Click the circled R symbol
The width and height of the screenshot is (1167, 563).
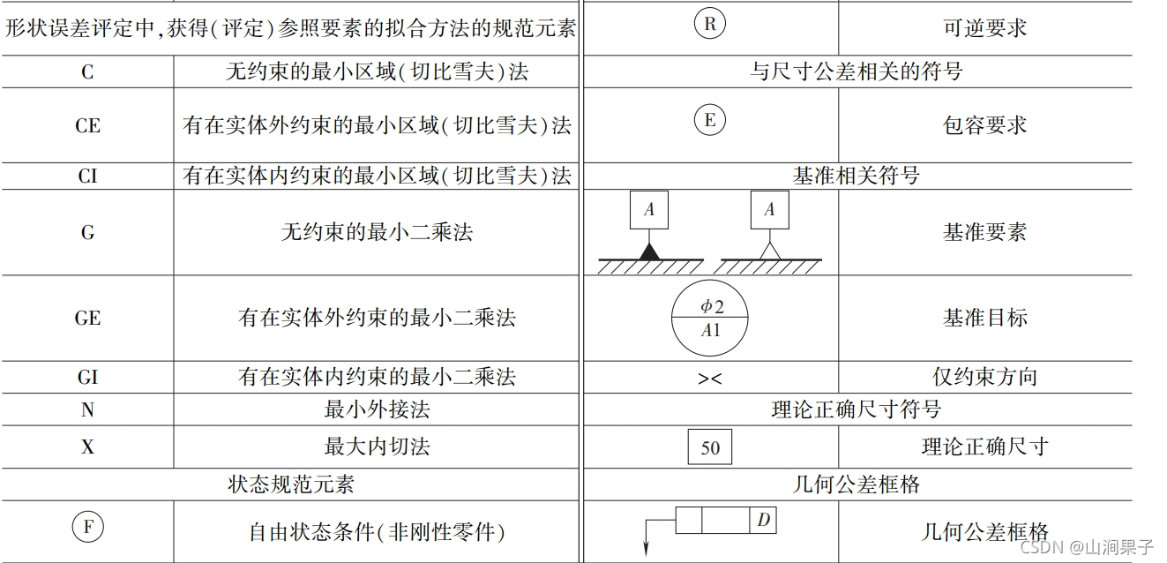click(x=710, y=25)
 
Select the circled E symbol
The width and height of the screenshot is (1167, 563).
click(x=710, y=120)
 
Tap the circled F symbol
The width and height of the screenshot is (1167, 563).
click(x=87, y=528)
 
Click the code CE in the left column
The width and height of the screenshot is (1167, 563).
click(x=87, y=125)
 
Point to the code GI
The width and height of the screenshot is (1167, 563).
click(x=87, y=378)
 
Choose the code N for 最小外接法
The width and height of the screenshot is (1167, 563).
click(x=87, y=410)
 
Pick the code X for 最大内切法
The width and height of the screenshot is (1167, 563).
click(x=87, y=447)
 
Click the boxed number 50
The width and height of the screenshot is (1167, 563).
click(x=710, y=447)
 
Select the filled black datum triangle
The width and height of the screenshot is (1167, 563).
click(x=650, y=251)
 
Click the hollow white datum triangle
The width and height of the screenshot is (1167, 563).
click(x=770, y=251)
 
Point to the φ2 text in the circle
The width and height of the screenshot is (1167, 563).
click(x=711, y=305)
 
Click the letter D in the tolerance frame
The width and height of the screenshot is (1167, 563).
click(x=763, y=521)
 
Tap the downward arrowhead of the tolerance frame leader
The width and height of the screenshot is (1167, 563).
click(x=646, y=549)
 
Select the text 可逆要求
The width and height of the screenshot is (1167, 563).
click(x=984, y=27)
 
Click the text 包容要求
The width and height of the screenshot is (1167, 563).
click(x=984, y=125)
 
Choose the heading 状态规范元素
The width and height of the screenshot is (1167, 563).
click(x=291, y=484)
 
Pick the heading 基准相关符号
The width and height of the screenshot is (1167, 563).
click(x=856, y=176)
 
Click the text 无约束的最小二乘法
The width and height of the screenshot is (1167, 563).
click(x=377, y=232)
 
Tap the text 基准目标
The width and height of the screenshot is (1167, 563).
click(x=984, y=318)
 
